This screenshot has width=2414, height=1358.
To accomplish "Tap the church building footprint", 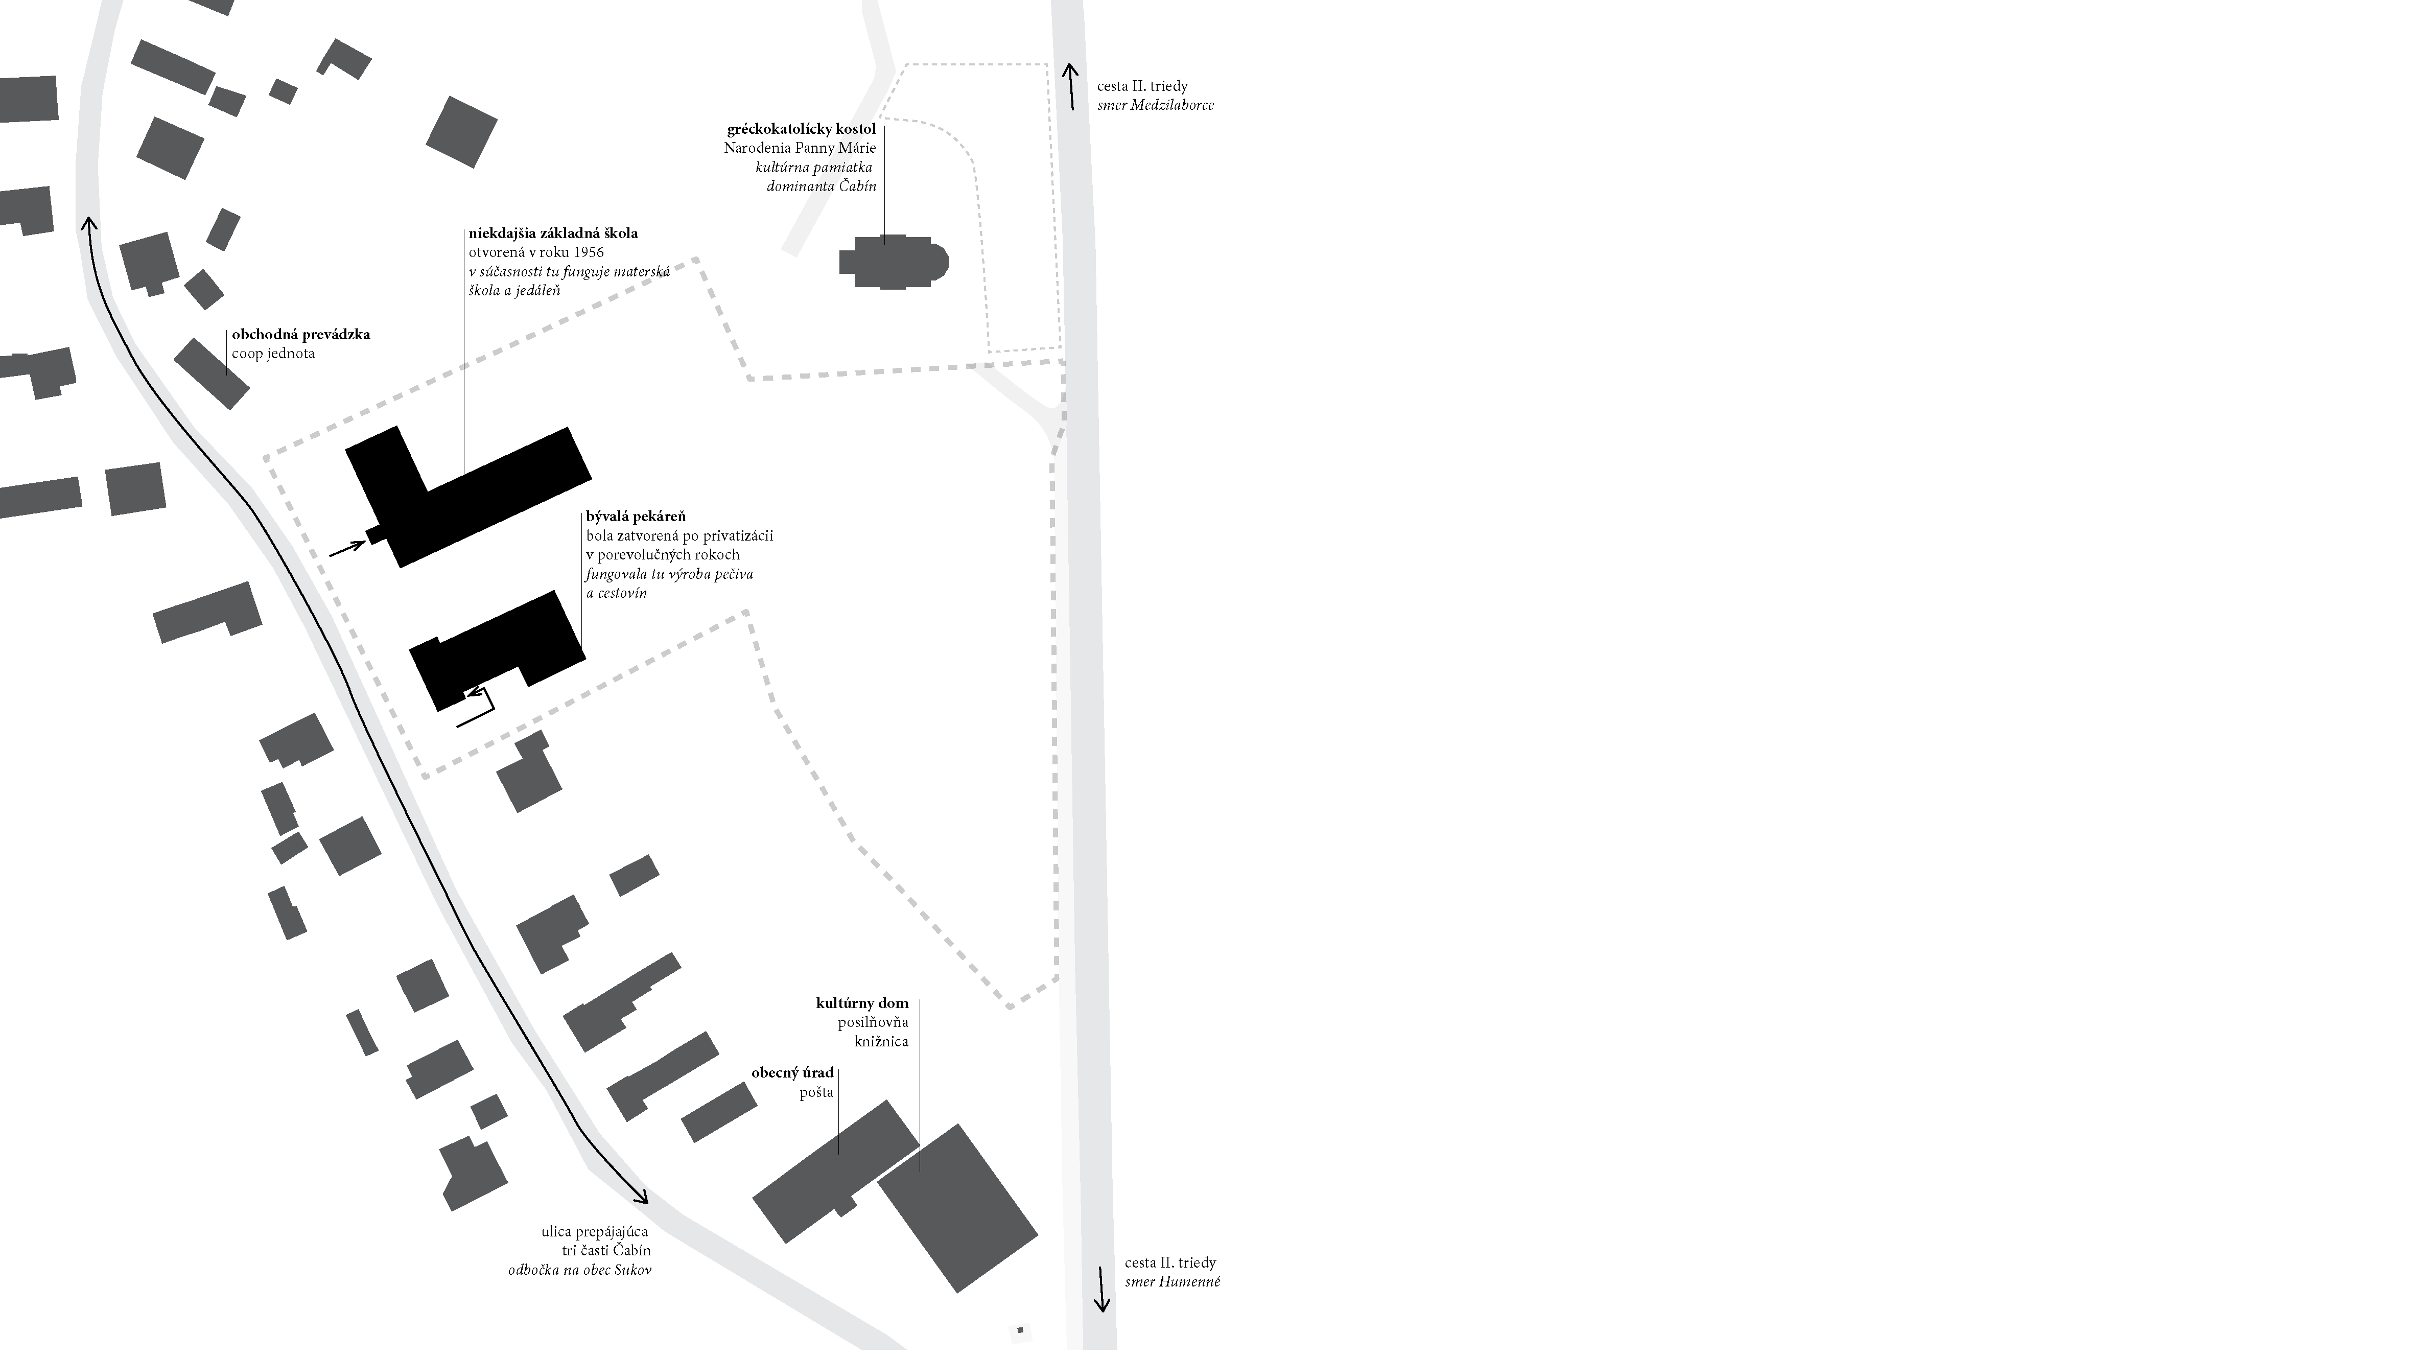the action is [x=893, y=262].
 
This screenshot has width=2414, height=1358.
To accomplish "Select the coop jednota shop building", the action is [x=212, y=373].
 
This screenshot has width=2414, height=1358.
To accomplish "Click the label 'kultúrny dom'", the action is [x=862, y=1003].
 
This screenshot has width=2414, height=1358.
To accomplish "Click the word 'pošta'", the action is [x=816, y=1093].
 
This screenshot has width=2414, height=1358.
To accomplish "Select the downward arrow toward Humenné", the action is [x=1102, y=1291].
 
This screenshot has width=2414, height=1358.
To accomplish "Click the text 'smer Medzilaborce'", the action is [x=1156, y=105].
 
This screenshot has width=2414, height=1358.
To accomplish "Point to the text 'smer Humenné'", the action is [x=1173, y=1282].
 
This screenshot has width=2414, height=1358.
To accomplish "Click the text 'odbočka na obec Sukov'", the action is [x=579, y=1270].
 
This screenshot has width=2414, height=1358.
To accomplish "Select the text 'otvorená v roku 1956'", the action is [x=536, y=252].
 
